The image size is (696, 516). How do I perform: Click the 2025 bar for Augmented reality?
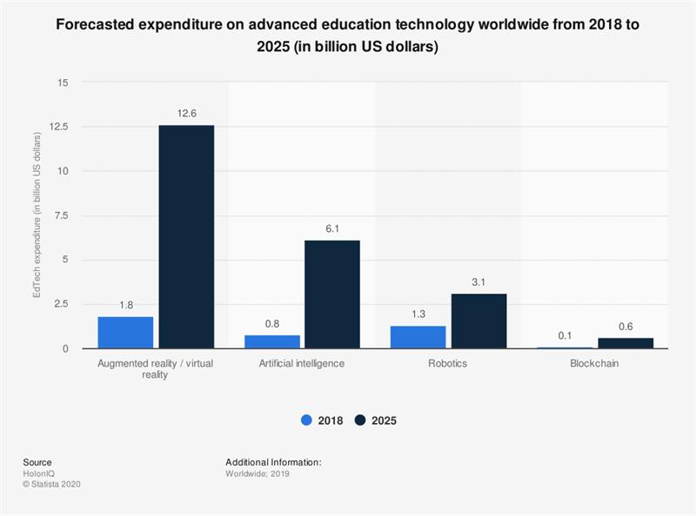click(186, 237)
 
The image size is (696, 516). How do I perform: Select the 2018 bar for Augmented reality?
click(125, 333)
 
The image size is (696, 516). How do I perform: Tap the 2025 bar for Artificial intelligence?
click(332, 294)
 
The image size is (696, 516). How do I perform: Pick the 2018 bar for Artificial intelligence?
click(271, 341)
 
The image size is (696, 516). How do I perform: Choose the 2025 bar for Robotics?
click(478, 321)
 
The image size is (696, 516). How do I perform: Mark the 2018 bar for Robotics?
click(418, 337)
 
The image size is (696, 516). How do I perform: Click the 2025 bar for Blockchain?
click(625, 343)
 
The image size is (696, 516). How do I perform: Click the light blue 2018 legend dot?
click(306, 420)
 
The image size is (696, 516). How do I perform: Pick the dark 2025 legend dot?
click(360, 420)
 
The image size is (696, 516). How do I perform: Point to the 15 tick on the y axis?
click(63, 83)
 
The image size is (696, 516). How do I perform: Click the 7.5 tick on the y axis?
click(59, 215)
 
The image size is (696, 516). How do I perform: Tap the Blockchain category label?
click(595, 363)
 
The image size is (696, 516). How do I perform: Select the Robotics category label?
click(448, 363)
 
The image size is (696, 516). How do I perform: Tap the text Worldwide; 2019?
click(258, 473)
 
